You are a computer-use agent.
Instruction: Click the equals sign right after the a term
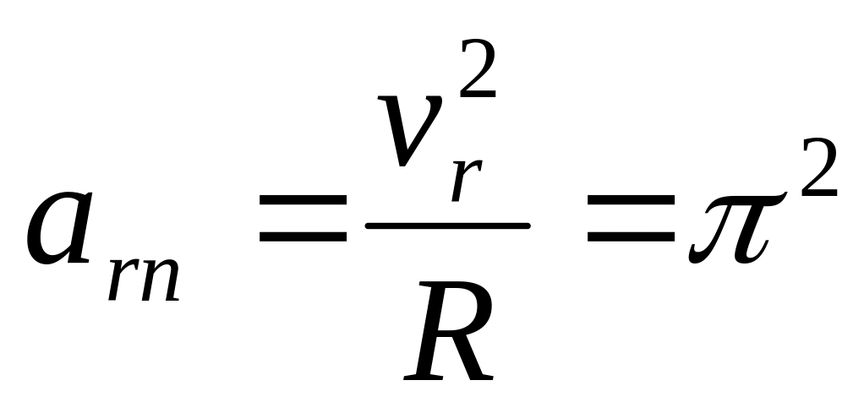[303, 219]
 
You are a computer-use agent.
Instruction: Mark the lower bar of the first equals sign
[303, 236]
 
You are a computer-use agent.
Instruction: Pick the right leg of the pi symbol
[749, 232]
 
